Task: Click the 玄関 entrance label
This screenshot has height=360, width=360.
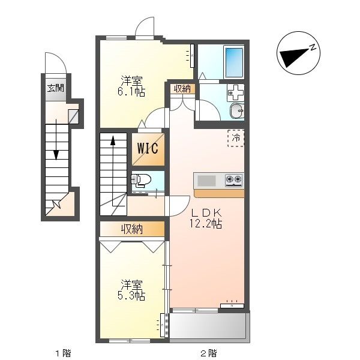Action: (x=56, y=88)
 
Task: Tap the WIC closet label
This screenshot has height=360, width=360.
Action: (x=148, y=148)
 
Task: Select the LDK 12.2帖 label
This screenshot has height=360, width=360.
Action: (x=206, y=218)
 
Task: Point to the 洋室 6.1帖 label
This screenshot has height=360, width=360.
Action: (x=131, y=86)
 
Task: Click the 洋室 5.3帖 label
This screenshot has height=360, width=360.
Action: (x=131, y=290)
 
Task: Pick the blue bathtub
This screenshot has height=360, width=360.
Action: (x=234, y=62)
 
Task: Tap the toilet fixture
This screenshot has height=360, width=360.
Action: (x=141, y=179)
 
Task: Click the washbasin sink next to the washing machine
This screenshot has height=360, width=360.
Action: (x=237, y=111)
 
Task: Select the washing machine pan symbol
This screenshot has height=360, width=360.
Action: (x=236, y=93)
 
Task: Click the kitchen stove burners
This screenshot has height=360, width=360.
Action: (x=234, y=180)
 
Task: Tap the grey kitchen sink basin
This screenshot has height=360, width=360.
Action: (x=206, y=181)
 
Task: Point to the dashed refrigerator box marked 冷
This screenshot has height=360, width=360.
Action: (x=236, y=138)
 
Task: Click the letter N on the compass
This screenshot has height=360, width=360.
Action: (x=312, y=48)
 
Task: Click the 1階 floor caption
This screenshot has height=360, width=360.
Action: (x=63, y=353)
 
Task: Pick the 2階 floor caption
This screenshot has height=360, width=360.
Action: (x=208, y=353)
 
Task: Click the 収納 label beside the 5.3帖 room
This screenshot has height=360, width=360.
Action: (x=132, y=229)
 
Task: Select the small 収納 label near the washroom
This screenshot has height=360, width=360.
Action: (x=182, y=89)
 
